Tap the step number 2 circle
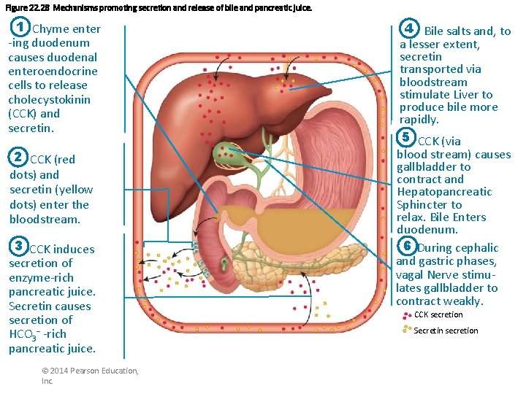(20, 158)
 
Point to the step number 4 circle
(410, 29)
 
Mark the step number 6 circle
(407, 247)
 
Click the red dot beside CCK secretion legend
(407, 315)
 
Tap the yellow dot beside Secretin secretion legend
(407, 330)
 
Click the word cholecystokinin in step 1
(47, 99)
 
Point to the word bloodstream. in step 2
(45, 219)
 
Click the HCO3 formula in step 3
(24, 334)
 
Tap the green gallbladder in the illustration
(223, 154)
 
